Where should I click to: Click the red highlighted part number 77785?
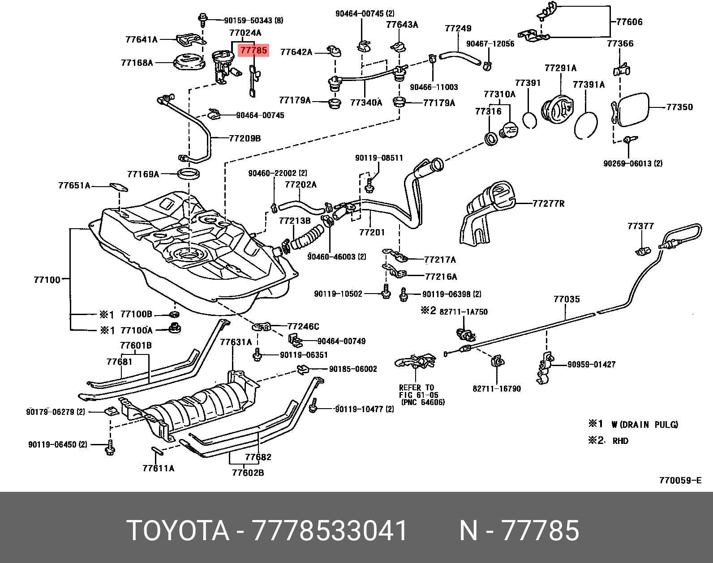(254, 51)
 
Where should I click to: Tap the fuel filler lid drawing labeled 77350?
(633, 109)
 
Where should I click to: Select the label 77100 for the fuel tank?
(47, 280)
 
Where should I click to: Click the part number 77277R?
(549, 204)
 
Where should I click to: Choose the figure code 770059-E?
(680, 481)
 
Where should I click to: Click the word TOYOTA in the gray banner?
(178, 531)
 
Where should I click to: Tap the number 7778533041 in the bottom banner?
(330, 531)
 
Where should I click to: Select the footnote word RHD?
(620, 441)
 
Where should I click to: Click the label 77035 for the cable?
(567, 299)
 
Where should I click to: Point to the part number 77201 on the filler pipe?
(372, 232)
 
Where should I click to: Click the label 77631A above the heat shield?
(236, 342)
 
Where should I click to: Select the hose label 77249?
(458, 28)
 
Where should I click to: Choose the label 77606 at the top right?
(629, 21)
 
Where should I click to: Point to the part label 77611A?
(158, 468)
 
